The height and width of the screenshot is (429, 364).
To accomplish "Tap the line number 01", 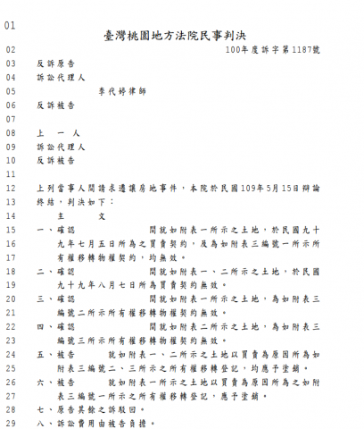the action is [x=11, y=24].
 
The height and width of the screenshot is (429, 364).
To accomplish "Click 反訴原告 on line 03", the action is [x=56, y=64].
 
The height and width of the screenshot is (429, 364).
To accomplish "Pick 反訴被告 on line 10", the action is [x=56, y=160].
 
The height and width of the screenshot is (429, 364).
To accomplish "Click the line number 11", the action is [x=11, y=174].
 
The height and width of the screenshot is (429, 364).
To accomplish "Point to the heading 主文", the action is [x=80, y=215].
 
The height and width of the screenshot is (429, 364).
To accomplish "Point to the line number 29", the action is [x=11, y=423].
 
